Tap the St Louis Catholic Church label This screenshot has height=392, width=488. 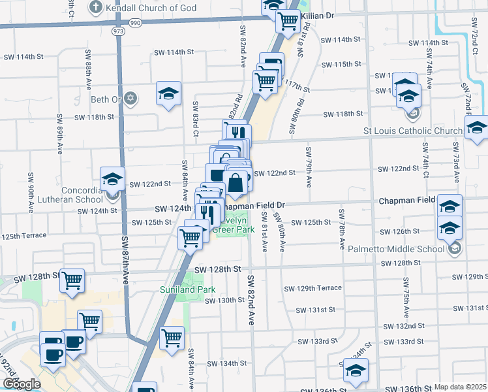[x=413, y=131]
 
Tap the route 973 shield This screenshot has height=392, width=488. [x=118, y=31]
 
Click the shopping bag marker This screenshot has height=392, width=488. [x=236, y=183]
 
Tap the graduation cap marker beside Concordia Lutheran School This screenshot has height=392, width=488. [x=112, y=178]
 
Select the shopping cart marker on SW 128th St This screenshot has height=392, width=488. [x=72, y=280]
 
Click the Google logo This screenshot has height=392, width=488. [x=22, y=384]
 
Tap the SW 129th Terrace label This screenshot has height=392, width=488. [x=313, y=288]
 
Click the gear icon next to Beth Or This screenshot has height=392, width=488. [x=130, y=99]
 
